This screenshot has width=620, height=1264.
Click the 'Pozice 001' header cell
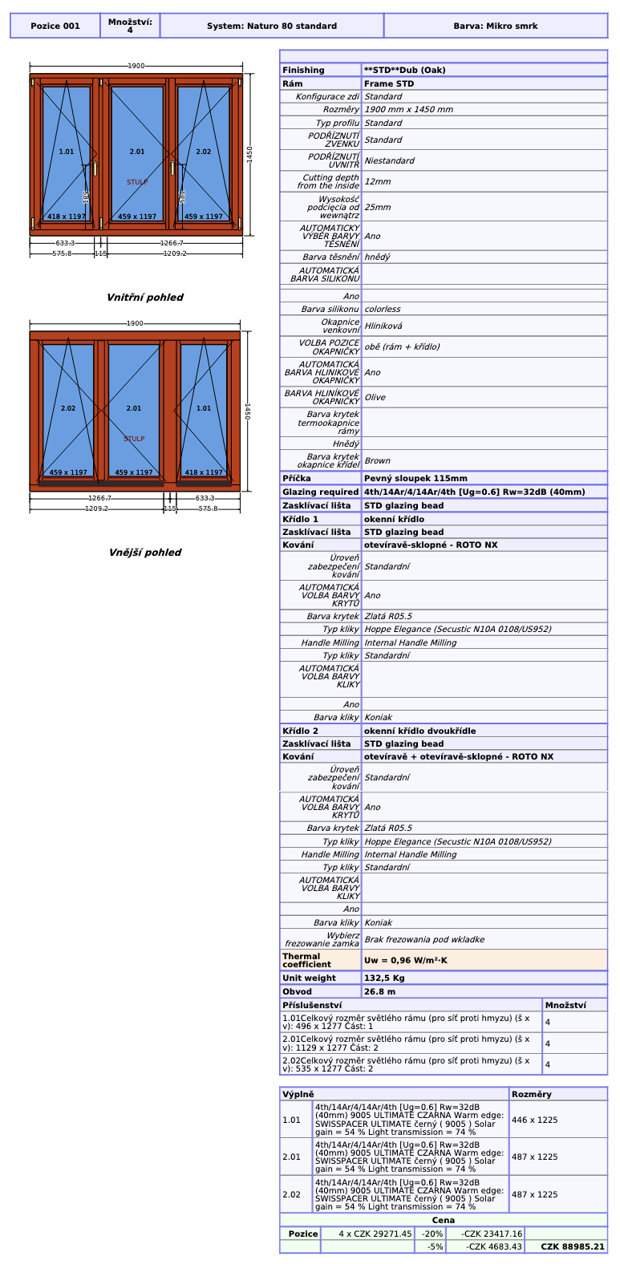[55, 26]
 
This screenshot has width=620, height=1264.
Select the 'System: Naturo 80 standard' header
[272, 26]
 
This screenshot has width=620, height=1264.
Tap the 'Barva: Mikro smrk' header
[496, 26]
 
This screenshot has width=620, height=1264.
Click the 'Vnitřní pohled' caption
[144, 298]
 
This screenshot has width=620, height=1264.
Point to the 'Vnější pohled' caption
[145, 552]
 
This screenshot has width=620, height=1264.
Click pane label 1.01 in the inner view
[67, 152]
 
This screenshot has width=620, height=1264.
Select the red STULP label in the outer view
[134, 439]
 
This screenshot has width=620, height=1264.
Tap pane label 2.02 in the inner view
[203, 152]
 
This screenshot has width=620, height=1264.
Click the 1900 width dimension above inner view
[136, 66]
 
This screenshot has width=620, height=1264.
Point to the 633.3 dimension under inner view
[65, 243]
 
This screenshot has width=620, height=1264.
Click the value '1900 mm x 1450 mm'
[408, 109]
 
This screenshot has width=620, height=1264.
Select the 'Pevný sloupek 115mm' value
[415, 478]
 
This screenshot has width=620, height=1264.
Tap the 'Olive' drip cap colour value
[375, 397]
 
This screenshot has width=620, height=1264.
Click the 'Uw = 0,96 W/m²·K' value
[406, 960]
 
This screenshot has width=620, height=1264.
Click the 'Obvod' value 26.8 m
[379, 991]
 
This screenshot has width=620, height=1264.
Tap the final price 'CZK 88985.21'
[573, 1246]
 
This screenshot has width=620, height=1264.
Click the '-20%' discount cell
[432, 1234]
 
